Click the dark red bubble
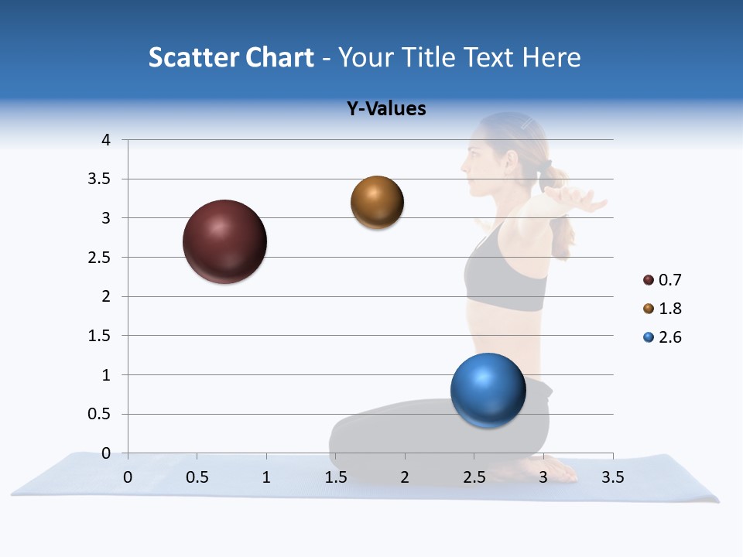pyautogui.click(x=224, y=241)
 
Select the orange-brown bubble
pyautogui.click(x=377, y=203)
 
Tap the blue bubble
pyautogui.click(x=488, y=390)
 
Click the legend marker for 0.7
pyautogui.click(x=649, y=280)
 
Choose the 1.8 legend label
pyautogui.click(x=669, y=309)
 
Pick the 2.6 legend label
pyautogui.click(x=669, y=337)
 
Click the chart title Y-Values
pyautogui.click(x=385, y=109)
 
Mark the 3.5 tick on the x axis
pyautogui.click(x=612, y=477)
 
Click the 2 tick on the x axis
pyautogui.click(x=404, y=477)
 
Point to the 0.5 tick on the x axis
pyautogui.click(x=197, y=477)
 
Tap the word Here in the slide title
pyautogui.click(x=551, y=57)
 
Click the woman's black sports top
pyautogui.click(x=503, y=271)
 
